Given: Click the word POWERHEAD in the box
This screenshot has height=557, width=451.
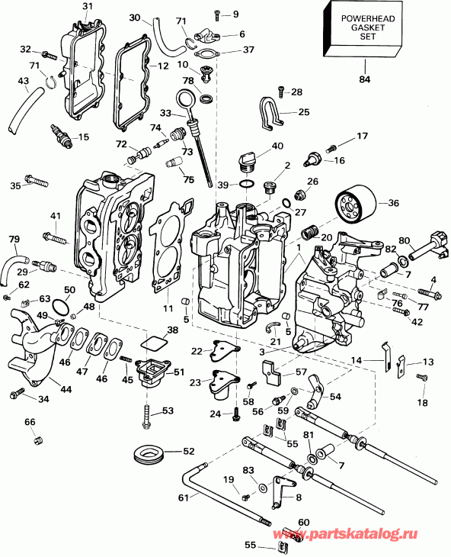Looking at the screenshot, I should point(363,18).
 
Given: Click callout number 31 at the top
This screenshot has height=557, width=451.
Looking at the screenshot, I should point(86,8).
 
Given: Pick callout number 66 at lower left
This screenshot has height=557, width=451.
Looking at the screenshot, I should point(29,422).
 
